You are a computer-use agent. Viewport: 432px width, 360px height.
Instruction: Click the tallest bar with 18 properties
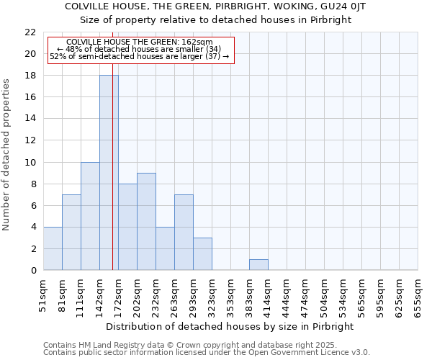click(109, 173)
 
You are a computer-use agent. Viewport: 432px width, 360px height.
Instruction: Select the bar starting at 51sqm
click(53, 248)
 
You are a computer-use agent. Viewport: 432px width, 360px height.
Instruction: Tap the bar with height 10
click(90, 216)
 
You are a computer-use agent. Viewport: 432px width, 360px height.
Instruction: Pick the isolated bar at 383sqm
click(258, 265)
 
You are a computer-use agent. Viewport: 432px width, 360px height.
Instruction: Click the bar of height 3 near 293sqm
click(202, 254)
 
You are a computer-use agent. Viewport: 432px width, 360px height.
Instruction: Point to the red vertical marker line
click(113, 180)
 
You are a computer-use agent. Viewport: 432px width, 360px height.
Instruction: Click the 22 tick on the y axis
click(30, 32)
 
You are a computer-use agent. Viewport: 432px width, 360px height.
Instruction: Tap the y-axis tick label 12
click(30, 140)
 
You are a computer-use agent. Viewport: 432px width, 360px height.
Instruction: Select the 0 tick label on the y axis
click(33, 271)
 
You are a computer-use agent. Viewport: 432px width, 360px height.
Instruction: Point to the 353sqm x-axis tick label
click(231, 296)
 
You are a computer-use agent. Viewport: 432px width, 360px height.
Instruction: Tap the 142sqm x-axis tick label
click(100, 296)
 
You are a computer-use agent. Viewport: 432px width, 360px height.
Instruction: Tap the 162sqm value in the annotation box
click(197, 42)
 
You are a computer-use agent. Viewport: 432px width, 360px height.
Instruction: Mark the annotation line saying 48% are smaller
click(138, 49)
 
